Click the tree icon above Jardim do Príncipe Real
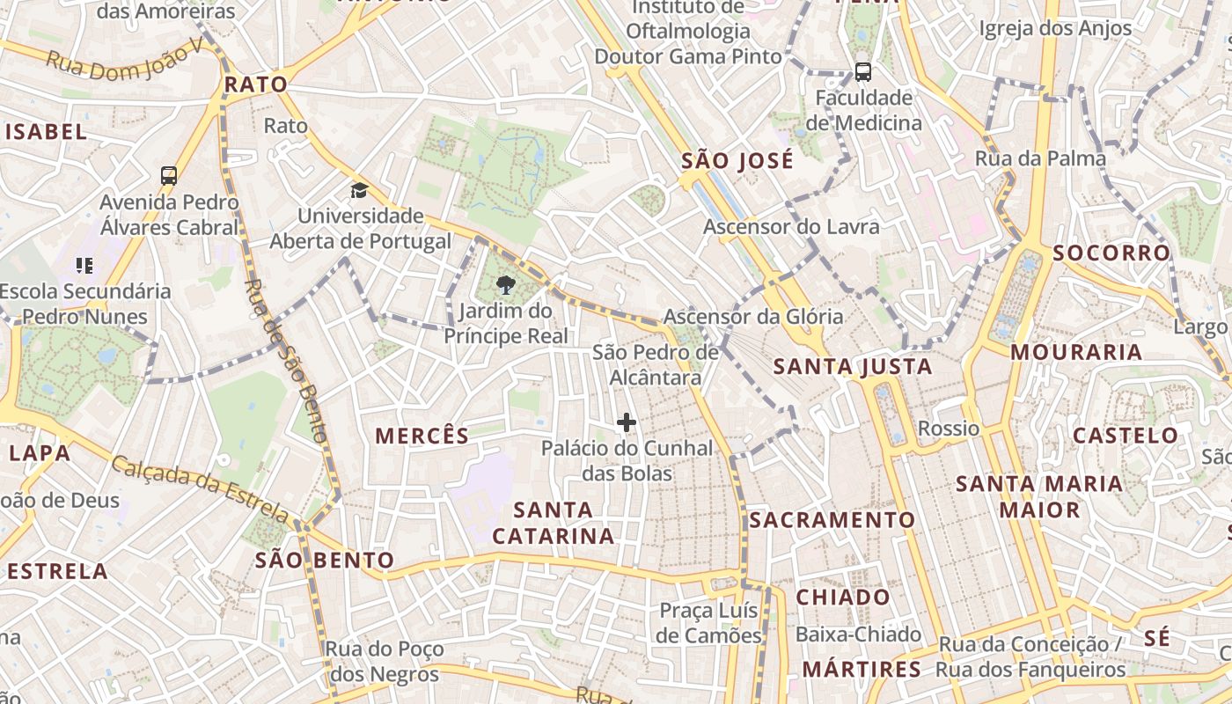(x=505, y=285)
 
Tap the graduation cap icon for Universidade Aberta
(x=359, y=190)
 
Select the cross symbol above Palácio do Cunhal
(x=626, y=423)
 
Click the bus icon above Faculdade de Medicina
(x=862, y=72)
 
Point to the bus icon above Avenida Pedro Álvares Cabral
(x=169, y=176)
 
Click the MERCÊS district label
(x=422, y=436)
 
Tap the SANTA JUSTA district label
(x=852, y=367)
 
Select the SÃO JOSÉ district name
(x=737, y=161)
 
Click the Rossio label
(x=948, y=429)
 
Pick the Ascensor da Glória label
(x=753, y=317)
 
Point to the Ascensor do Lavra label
(x=790, y=227)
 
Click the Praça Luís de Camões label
(x=709, y=623)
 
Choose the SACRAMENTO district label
(x=832, y=520)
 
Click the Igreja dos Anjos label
(x=1055, y=28)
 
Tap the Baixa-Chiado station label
(x=858, y=634)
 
